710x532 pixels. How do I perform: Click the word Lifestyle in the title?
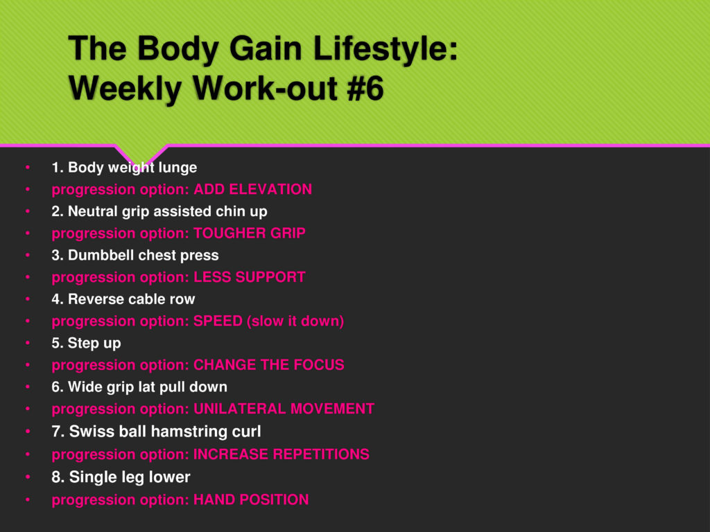click(384, 48)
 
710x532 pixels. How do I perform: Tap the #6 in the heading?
click(365, 88)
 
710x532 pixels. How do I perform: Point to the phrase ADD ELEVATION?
click(252, 189)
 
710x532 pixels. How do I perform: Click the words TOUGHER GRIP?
click(250, 233)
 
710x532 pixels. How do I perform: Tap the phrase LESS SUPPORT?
click(250, 277)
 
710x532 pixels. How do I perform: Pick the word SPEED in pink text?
click(218, 321)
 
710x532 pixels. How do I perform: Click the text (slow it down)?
click(295, 321)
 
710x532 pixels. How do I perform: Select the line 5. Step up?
click(86, 344)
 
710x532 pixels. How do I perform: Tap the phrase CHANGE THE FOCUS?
click(269, 364)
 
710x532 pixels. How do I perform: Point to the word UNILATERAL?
click(239, 409)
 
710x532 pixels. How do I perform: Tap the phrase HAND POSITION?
click(251, 499)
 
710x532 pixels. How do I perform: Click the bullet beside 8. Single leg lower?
click(28, 477)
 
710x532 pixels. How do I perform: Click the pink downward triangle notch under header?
click(141, 153)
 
